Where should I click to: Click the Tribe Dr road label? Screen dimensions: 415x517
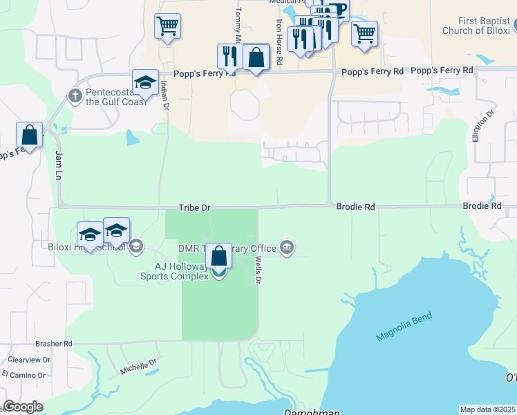click(x=194, y=207)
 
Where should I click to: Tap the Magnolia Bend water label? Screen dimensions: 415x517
click(x=404, y=327)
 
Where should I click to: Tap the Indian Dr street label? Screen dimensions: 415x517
click(x=164, y=94)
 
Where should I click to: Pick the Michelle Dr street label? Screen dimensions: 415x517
click(x=138, y=366)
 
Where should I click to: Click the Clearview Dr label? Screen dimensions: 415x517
click(x=29, y=360)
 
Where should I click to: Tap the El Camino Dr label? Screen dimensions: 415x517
click(x=23, y=376)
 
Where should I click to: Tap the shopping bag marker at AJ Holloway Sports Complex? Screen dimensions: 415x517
click(x=219, y=256)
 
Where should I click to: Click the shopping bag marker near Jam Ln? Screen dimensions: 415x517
click(x=29, y=135)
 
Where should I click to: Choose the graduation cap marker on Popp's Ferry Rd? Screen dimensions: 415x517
click(x=145, y=82)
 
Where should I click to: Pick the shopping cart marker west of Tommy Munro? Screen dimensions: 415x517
click(x=167, y=26)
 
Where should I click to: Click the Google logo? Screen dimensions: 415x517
click(x=23, y=407)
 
